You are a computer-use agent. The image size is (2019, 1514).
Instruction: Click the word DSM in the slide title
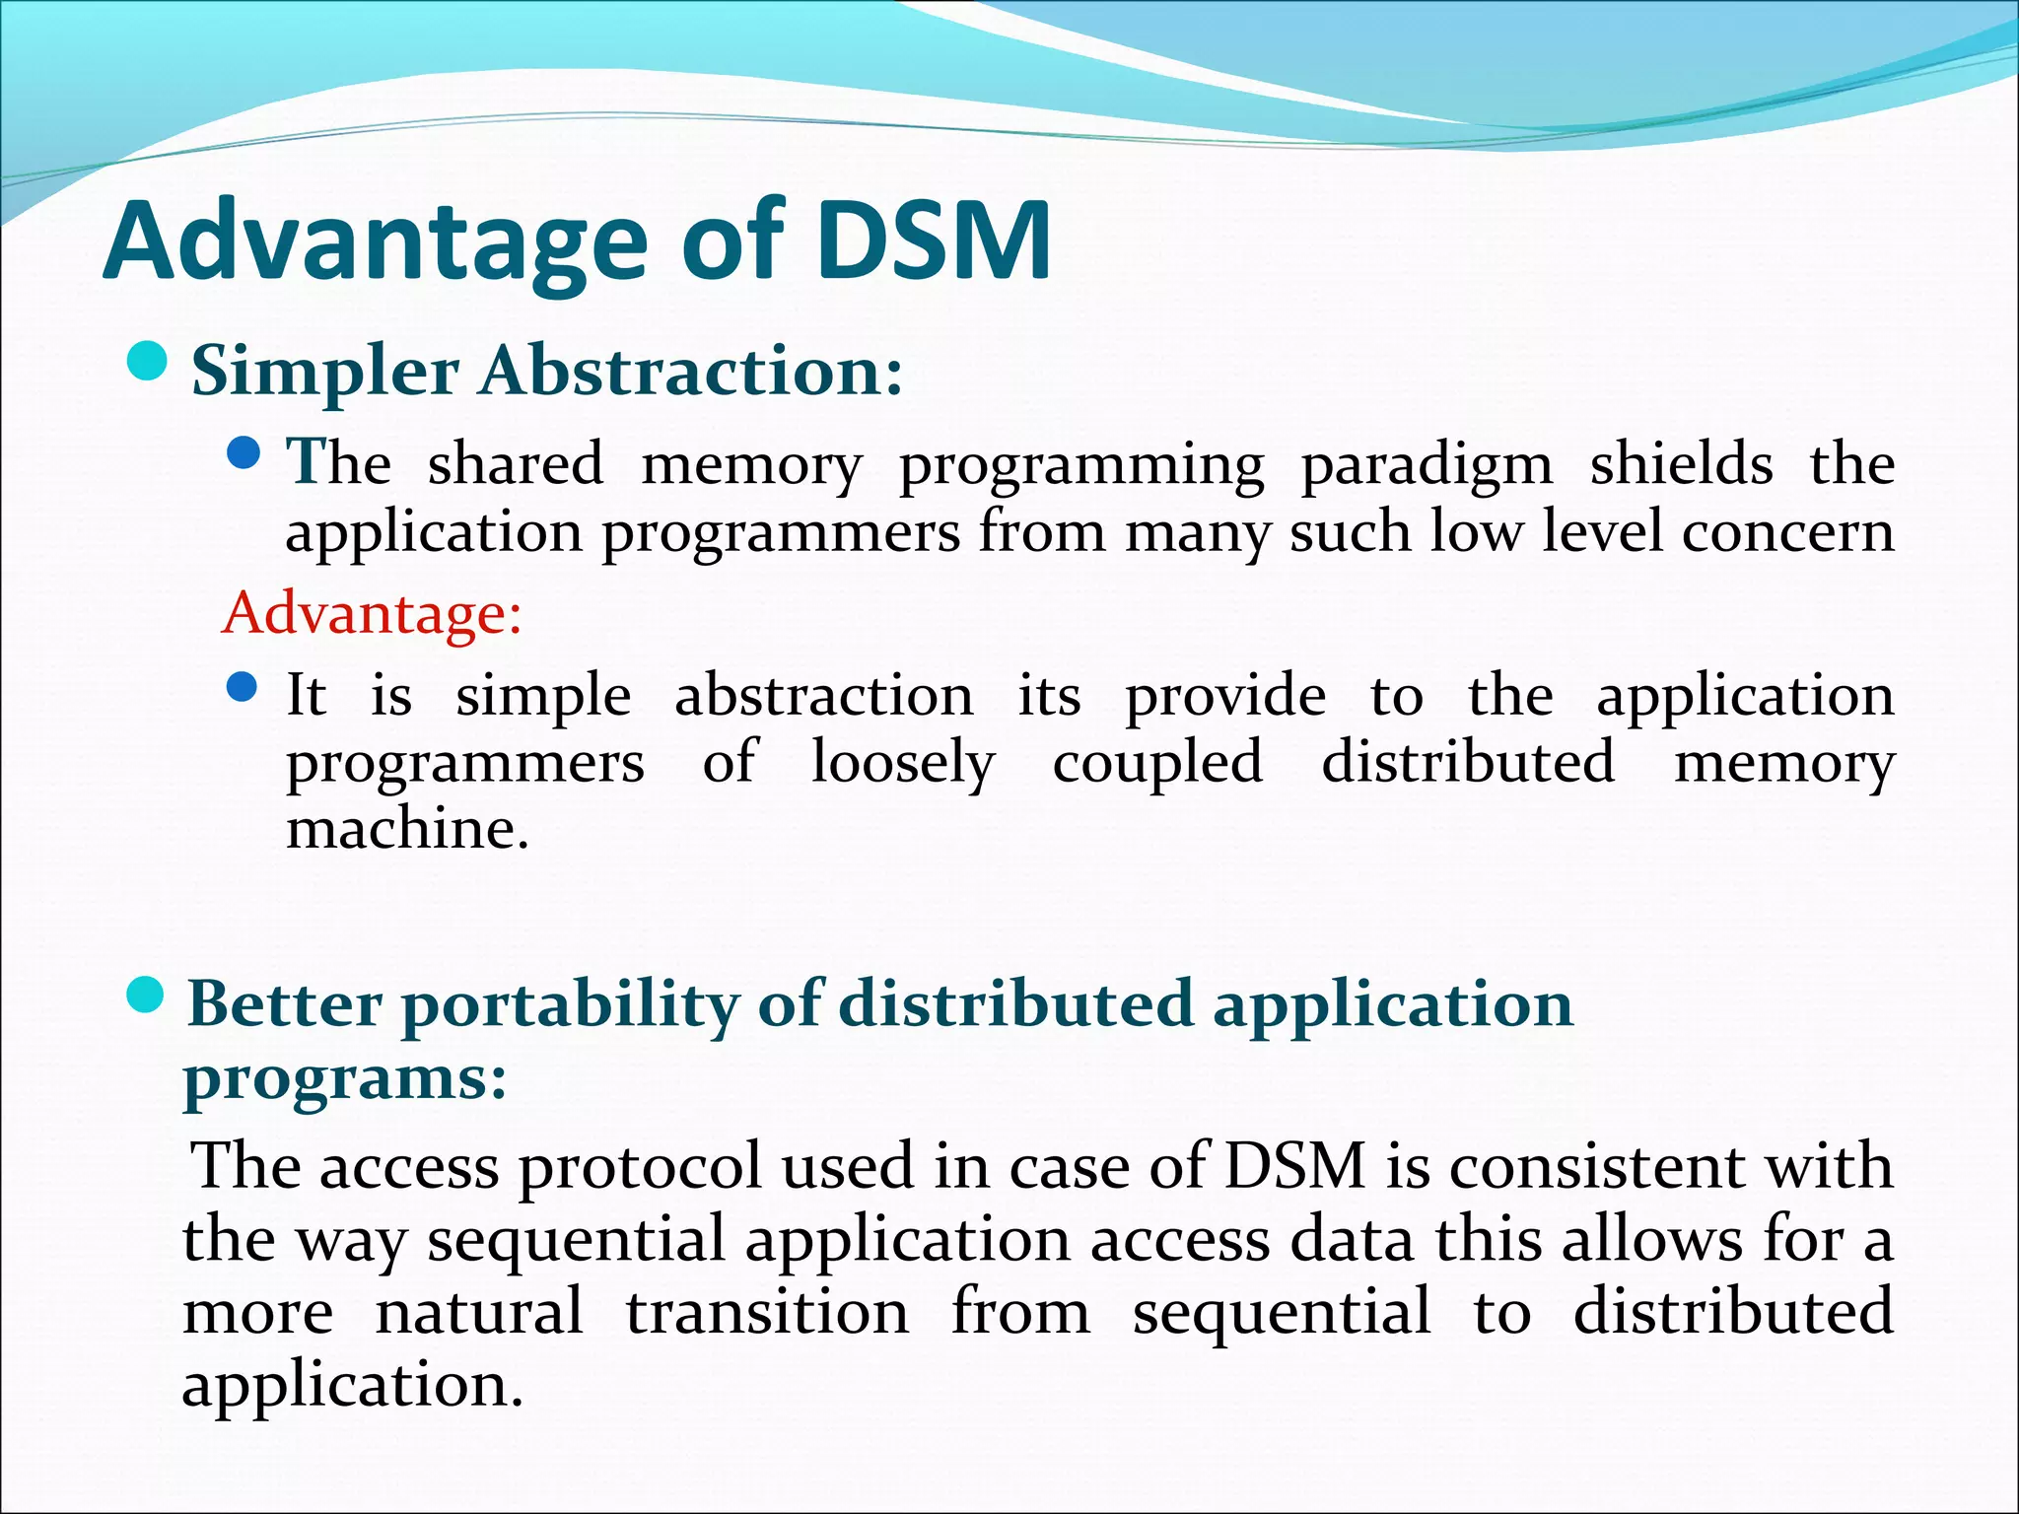[x=933, y=241]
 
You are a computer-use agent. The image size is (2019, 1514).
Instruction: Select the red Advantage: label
[x=372, y=613]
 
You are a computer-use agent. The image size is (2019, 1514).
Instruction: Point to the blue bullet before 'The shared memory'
[x=243, y=453]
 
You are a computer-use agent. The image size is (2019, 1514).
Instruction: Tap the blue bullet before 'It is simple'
[x=243, y=686]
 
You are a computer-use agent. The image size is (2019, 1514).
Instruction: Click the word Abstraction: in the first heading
[x=691, y=372]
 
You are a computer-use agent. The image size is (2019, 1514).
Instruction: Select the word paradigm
[x=1427, y=464]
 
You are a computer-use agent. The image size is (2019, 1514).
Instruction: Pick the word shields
[x=1681, y=464]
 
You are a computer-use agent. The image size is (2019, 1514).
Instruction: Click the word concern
[x=1787, y=532]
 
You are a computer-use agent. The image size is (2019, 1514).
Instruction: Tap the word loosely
[x=903, y=763]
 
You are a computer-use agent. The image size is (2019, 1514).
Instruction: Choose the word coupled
[x=1157, y=763]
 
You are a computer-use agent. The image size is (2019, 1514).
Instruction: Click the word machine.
[x=407, y=829]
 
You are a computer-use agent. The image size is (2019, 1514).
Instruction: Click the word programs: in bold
[x=345, y=1078]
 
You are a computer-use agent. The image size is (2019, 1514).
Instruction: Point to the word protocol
[x=641, y=1168]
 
